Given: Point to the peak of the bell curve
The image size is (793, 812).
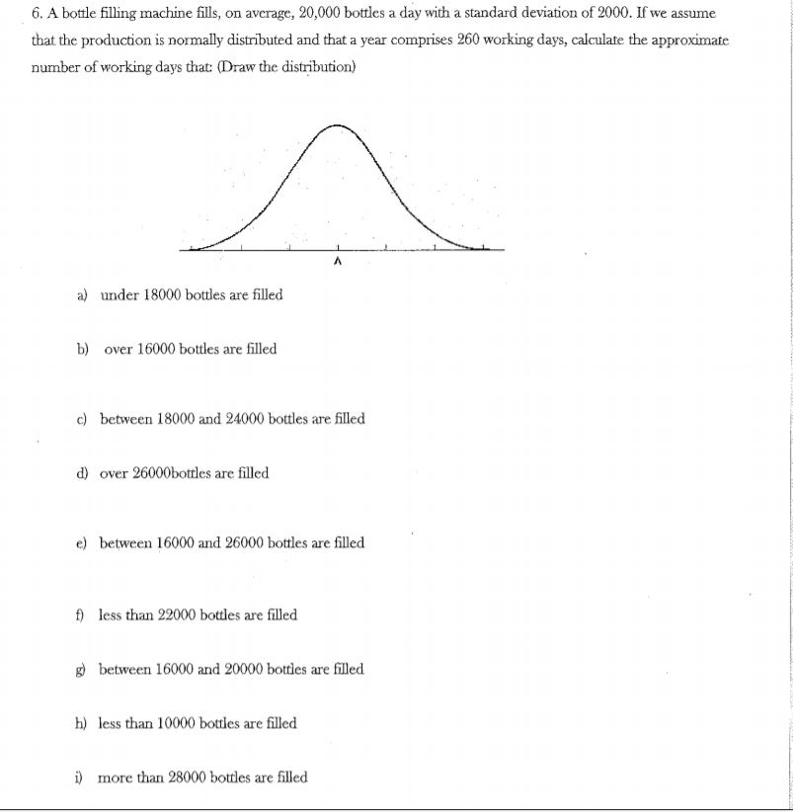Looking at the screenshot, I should click(x=339, y=125).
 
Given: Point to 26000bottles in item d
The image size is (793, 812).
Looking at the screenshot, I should click(x=184, y=473).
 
